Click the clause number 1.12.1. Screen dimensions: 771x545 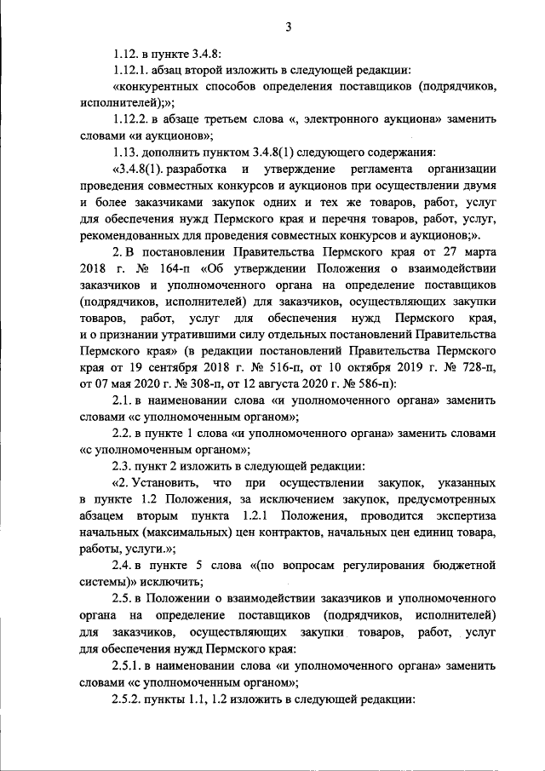[x=132, y=70]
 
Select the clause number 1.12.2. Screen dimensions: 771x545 [x=132, y=120]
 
